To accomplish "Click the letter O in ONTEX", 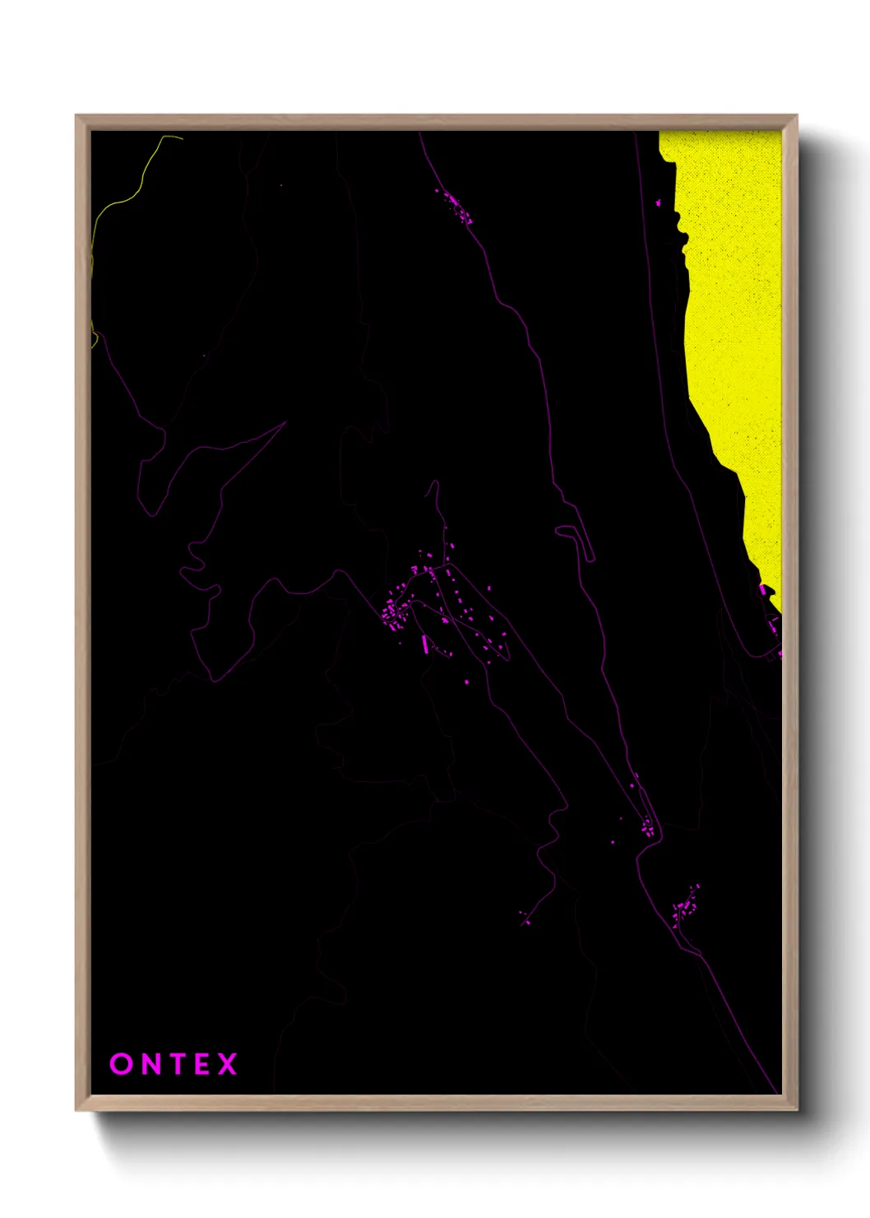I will coord(120,1064).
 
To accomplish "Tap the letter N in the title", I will coord(148,1064).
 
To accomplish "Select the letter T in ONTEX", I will coord(175,1064).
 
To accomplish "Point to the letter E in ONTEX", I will coord(201,1064).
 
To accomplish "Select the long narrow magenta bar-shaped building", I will coord(425,644).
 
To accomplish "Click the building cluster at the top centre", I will coord(455,206).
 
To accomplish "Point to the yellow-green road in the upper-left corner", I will coord(123,201).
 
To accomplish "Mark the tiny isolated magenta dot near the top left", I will coord(280,185).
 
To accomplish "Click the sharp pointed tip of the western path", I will coord(285,423).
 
